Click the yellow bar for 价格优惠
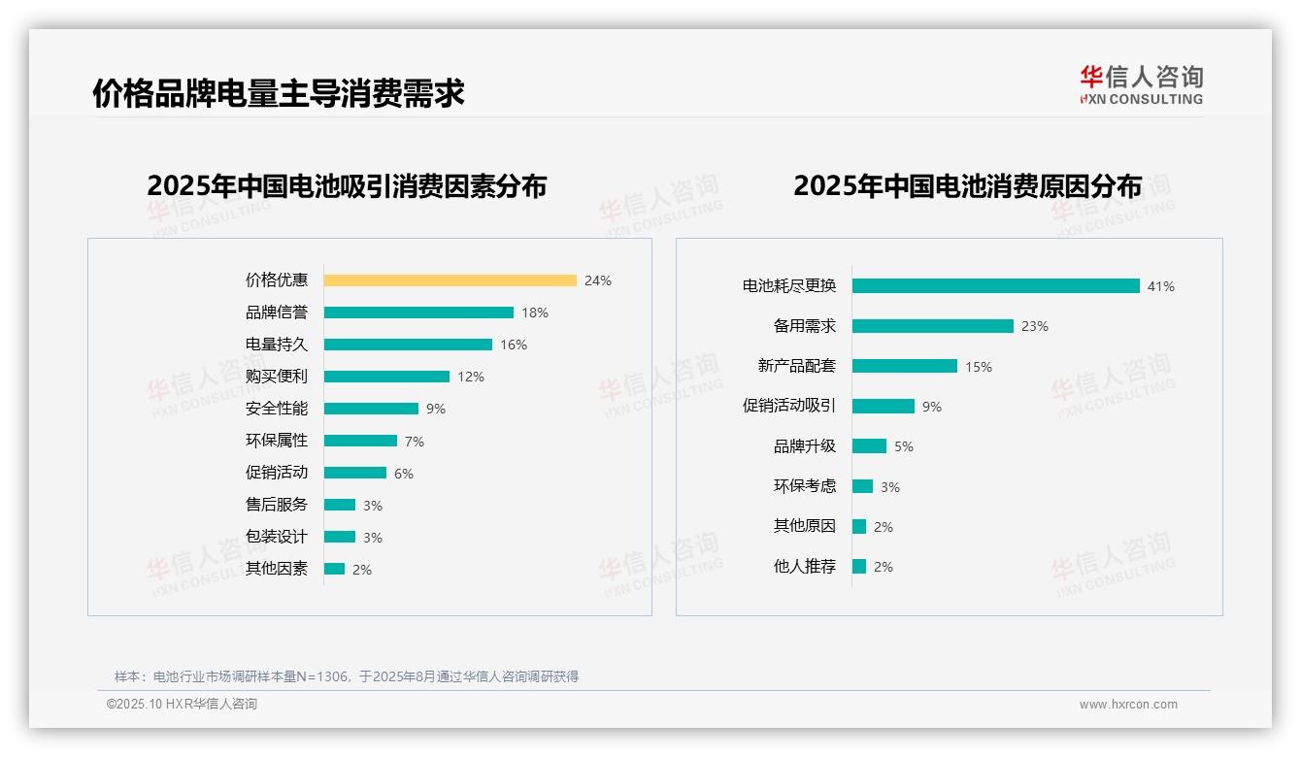coord(450,280)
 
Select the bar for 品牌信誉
coord(418,313)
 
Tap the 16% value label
coord(514,345)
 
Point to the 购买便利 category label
coord(276,377)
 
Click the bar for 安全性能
coord(371,409)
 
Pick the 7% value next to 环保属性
coord(415,442)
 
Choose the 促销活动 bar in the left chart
coord(354,473)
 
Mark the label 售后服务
coord(276,505)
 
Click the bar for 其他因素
coord(334,569)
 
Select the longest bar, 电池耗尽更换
coord(995,286)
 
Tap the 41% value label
coord(1161,286)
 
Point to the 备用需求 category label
coord(804,326)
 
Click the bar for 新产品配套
coord(904,366)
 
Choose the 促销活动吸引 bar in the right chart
coord(883,406)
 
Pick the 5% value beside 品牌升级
coord(904,446)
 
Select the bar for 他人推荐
coord(859,566)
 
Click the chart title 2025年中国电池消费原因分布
coord(967,185)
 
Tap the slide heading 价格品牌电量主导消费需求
coord(279,93)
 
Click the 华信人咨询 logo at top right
coord(1141,84)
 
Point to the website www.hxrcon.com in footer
coord(1127,705)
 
